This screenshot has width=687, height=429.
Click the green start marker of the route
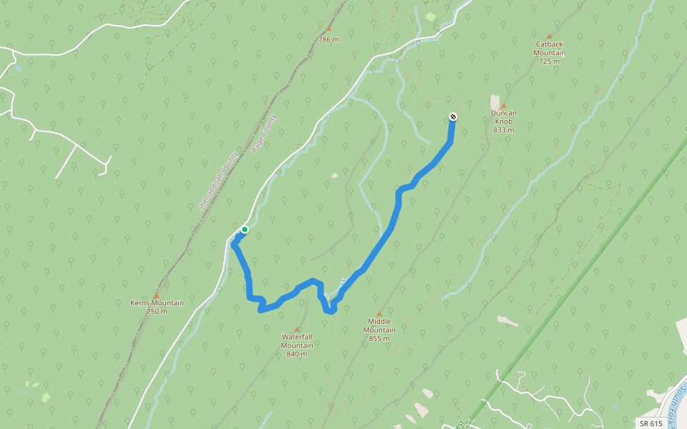pos(245,230)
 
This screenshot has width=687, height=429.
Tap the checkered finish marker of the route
pos(453,117)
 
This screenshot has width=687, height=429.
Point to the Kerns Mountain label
pos(157,302)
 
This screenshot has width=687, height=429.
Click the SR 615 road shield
pos(651,423)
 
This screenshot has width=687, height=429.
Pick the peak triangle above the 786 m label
pos(328,29)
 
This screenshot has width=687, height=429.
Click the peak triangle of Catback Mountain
pos(550,36)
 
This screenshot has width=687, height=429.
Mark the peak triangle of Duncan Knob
pos(504,105)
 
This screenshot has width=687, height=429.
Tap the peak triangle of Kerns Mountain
pos(156,295)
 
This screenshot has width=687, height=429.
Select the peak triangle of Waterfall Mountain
pos(297,329)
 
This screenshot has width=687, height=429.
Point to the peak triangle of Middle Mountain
pos(379,313)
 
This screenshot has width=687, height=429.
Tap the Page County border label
pos(264,134)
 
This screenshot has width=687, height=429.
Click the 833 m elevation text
pos(504,130)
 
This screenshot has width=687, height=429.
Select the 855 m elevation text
pos(379,338)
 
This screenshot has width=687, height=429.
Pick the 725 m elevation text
pos(550,61)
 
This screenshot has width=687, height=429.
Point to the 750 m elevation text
pos(157,311)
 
